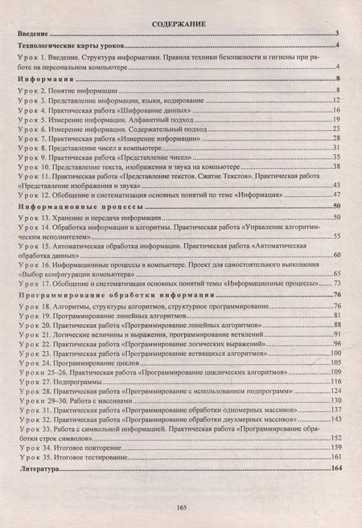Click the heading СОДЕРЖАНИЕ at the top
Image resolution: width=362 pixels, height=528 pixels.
tap(181, 24)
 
